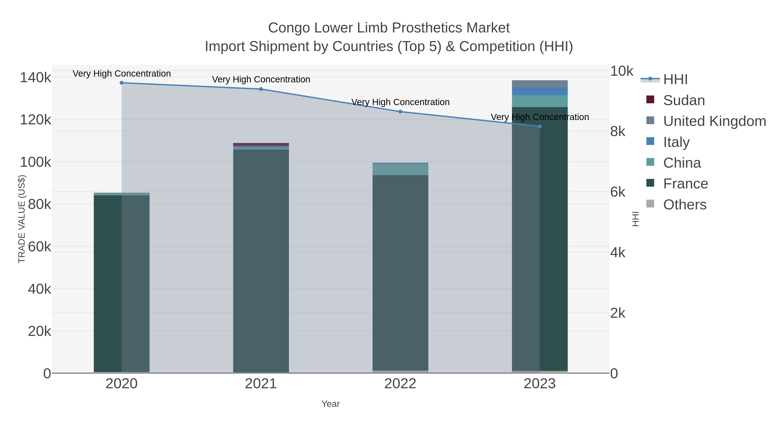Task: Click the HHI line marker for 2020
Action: (121, 83)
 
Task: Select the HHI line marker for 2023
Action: (540, 126)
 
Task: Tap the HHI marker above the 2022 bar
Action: (400, 112)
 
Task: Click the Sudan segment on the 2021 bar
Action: (261, 144)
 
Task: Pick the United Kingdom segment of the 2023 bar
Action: (540, 84)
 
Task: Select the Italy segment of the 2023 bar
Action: (540, 91)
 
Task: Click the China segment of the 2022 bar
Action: (400, 169)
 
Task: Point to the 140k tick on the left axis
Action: (35, 78)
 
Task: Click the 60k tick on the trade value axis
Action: (39, 247)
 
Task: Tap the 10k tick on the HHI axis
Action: (622, 71)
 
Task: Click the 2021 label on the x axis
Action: (261, 384)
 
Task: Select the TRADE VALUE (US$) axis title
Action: (22, 219)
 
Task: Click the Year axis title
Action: (330, 404)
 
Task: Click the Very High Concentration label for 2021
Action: (261, 80)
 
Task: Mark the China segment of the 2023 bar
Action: (540, 101)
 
